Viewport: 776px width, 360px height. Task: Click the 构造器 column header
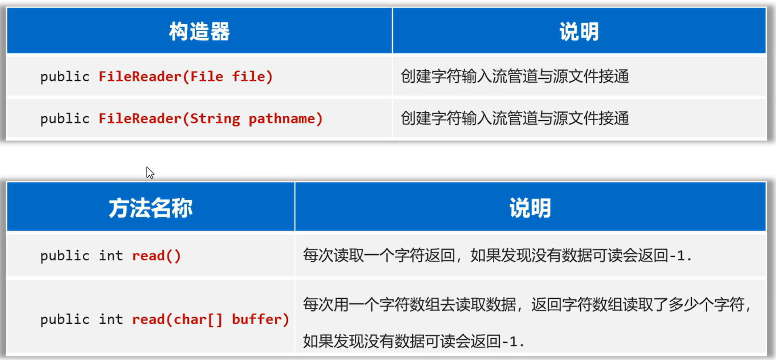(199, 31)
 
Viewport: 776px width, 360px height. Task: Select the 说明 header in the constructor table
(579, 31)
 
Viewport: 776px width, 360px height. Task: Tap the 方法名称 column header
(150, 208)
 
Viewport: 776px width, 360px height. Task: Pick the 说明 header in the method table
(530, 208)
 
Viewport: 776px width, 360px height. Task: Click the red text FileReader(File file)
(186, 77)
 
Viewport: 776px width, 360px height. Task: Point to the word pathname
(282, 119)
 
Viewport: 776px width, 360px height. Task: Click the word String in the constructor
(215, 119)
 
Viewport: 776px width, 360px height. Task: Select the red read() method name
(156, 256)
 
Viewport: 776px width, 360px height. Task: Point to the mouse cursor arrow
(150, 172)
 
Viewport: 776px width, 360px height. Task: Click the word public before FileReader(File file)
(65, 77)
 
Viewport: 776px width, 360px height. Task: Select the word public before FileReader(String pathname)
(65, 119)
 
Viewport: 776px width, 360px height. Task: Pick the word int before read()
(111, 256)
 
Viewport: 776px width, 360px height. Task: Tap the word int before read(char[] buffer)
(111, 320)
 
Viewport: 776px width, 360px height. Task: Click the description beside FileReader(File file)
(515, 77)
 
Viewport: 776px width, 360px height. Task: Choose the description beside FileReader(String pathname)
(515, 119)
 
